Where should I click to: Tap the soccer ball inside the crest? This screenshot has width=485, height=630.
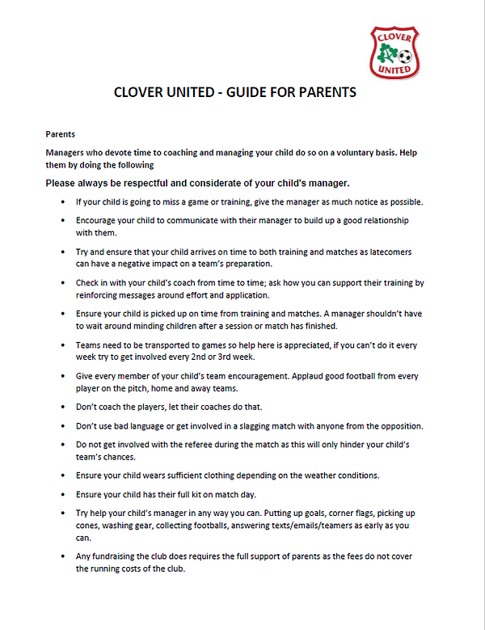click(405, 57)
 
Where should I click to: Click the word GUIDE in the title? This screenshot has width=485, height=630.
click(242, 92)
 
